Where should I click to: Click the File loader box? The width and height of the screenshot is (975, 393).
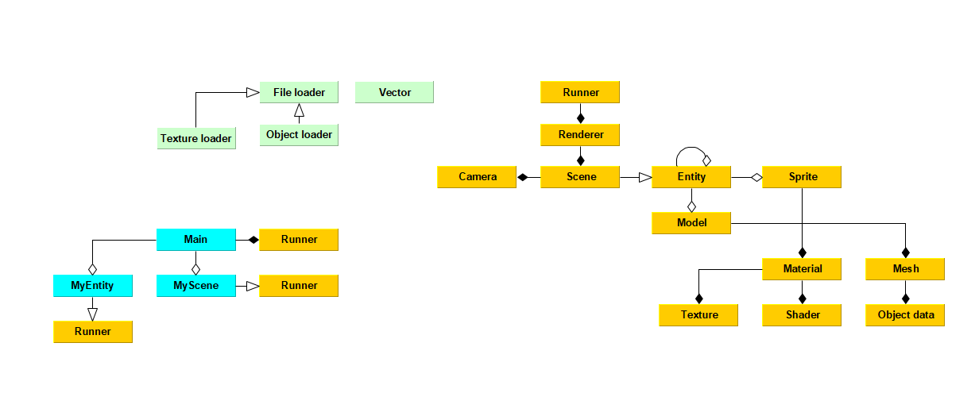pyautogui.click(x=299, y=92)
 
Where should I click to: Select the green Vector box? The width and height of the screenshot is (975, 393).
pyautogui.click(x=394, y=92)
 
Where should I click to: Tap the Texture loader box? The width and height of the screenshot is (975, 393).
pyautogui.click(x=195, y=138)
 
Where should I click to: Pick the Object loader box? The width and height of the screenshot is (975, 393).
pyautogui.click(x=299, y=135)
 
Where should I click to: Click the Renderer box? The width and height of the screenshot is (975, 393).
pyautogui.click(x=580, y=135)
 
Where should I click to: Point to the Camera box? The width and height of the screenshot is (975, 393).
pyautogui.click(x=477, y=177)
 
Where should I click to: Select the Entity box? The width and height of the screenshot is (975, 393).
pyautogui.click(x=691, y=177)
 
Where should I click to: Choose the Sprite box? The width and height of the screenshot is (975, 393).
pyautogui.click(x=802, y=177)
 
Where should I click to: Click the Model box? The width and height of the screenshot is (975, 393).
pyautogui.click(x=691, y=223)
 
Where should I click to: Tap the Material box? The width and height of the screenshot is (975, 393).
pyautogui.click(x=802, y=269)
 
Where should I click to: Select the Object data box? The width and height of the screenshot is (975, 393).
pyautogui.click(x=905, y=315)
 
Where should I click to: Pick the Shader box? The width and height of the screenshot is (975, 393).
pyautogui.click(x=802, y=315)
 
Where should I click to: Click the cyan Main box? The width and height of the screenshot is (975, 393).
pyautogui.click(x=195, y=239)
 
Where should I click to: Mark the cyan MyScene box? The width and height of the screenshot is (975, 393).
pyautogui.click(x=195, y=285)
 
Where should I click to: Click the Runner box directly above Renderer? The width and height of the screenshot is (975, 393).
pyautogui.click(x=580, y=92)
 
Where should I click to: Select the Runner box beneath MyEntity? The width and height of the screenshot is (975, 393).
pyautogui.click(x=92, y=331)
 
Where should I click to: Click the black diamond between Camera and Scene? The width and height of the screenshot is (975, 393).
pyautogui.click(x=522, y=177)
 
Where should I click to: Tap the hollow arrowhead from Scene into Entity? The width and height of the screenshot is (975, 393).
pyautogui.click(x=644, y=177)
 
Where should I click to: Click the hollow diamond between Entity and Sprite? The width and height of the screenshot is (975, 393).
pyautogui.click(x=756, y=177)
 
